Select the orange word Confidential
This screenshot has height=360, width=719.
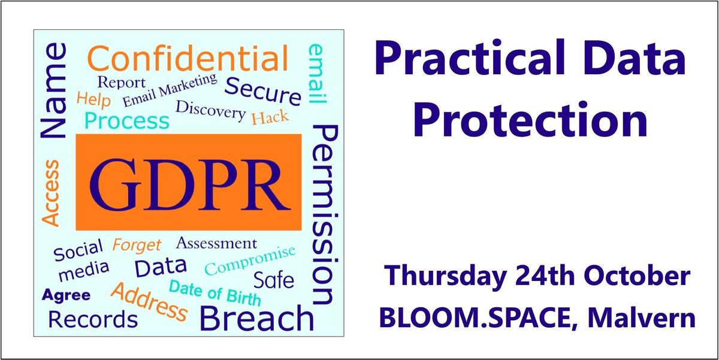[188, 58]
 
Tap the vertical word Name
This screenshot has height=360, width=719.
[53, 90]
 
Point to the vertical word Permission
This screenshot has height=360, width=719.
[325, 214]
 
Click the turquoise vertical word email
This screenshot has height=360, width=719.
[317, 74]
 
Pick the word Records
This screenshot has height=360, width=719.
[93, 319]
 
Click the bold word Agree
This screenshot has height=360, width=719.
[66, 295]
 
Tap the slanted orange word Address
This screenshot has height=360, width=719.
[149, 302]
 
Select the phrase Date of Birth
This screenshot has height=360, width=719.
[215, 293]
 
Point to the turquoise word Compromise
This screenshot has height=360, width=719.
[250, 260]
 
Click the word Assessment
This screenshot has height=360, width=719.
[216, 243]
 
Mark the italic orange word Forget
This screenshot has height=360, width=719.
[137, 246]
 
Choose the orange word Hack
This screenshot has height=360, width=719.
[270, 117]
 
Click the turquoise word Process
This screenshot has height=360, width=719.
[127, 121]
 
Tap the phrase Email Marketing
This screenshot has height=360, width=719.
[170, 90]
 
